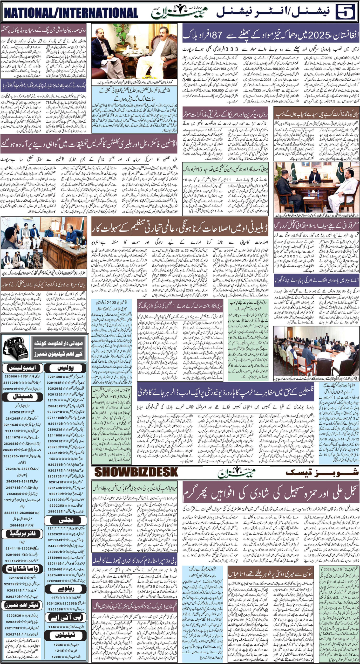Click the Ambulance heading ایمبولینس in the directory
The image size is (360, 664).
pos(22,369)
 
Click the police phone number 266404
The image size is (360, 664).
pos(55,406)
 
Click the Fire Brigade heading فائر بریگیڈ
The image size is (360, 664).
pos(22,532)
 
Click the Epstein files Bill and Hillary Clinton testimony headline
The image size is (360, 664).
pos(89,148)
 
